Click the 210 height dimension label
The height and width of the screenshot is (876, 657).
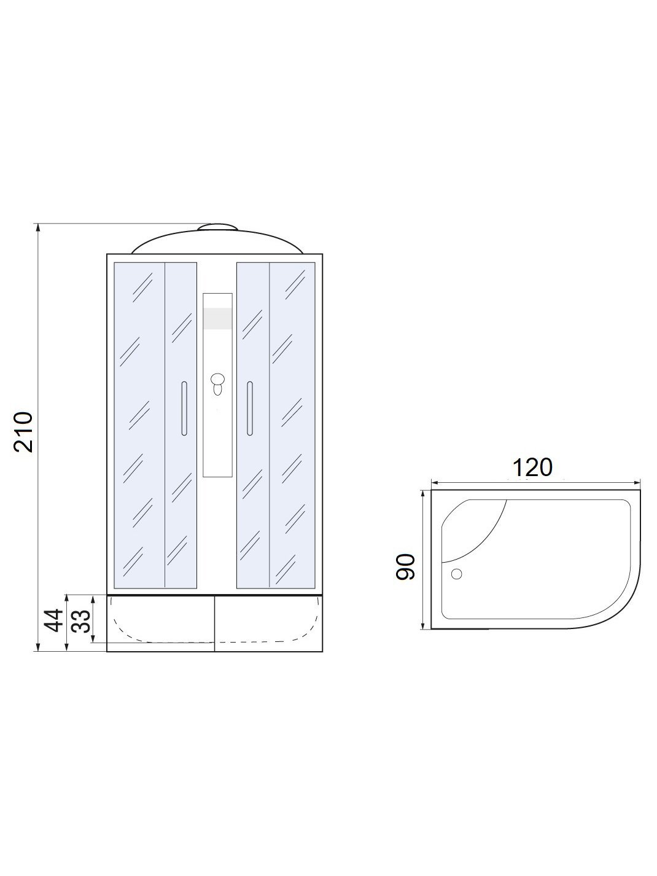pyautogui.click(x=23, y=431)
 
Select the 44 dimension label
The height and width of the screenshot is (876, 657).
pyautogui.click(x=54, y=620)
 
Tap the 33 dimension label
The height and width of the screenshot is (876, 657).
pyautogui.click(x=81, y=621)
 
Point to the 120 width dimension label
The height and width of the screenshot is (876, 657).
pyautogui.click(x=532, y=467)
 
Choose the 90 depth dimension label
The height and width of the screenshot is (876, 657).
pyautogui.click(x=406, y=567)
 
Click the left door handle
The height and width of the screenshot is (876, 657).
pyautogui.click(x=184, y=409)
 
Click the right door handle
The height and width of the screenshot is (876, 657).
pyautogui.click(x=250, y=409)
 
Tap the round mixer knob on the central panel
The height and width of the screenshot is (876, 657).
pyautogui.click(x=217, y=379)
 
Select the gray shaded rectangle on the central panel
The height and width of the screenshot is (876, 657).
pyautogui.click(x=217, y=318)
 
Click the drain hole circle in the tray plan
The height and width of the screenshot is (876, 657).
pyautogui.click(x=456, y=574)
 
